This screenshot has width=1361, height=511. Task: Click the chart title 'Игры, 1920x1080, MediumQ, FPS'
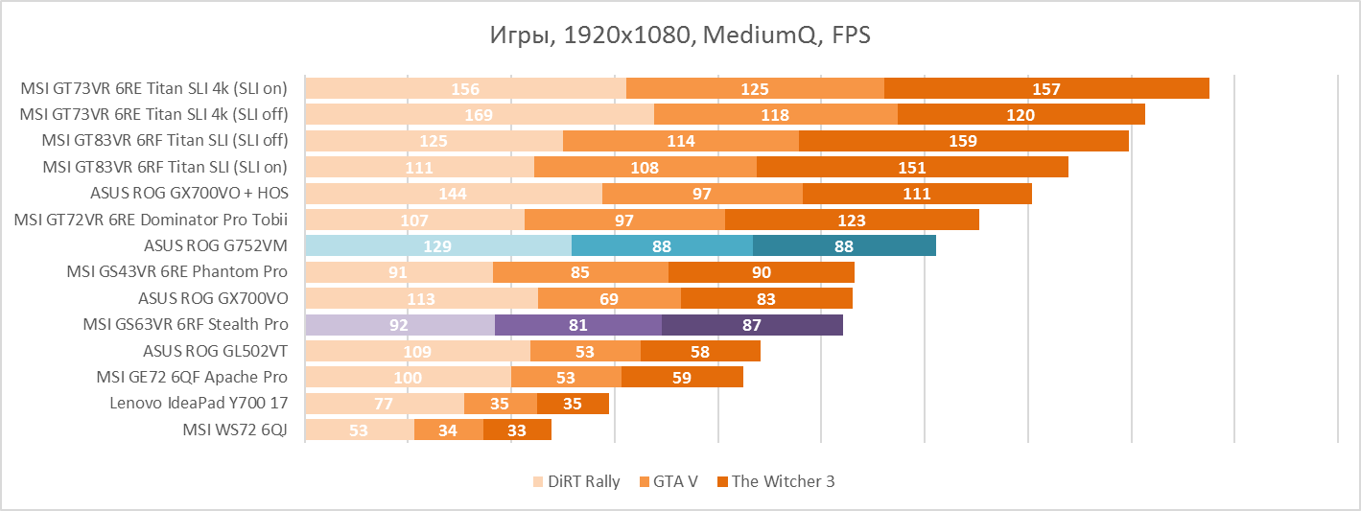click(680, 35)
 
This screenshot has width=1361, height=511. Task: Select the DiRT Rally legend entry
click(576, 481)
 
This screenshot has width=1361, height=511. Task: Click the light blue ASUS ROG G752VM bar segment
click(437, 246)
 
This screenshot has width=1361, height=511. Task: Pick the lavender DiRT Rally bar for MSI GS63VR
click(399, 325)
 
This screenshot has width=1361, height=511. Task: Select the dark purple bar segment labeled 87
click(752, 325)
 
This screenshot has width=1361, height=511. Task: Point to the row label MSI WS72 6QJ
click(235, 430)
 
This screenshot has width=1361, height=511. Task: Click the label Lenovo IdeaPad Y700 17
click(199, 404)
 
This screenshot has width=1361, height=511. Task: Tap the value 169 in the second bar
click(478, 115)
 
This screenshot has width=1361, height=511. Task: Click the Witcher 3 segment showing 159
click(963, 141)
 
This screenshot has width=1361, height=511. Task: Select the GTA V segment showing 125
click(755, 89)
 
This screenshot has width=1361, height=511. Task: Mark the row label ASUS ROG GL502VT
click(215, 351)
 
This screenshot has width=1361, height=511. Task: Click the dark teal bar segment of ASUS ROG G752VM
click(844, 246)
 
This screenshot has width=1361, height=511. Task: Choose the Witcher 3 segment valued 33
click(517, 430)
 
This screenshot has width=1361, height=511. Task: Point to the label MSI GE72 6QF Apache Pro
click(192, 377)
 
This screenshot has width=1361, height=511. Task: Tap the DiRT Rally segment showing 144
click(453, 194)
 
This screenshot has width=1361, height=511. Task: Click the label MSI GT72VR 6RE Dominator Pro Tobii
click(151, 220)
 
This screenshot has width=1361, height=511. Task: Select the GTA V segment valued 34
click(448, 430)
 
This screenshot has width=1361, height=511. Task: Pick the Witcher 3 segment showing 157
click(1046, 89)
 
